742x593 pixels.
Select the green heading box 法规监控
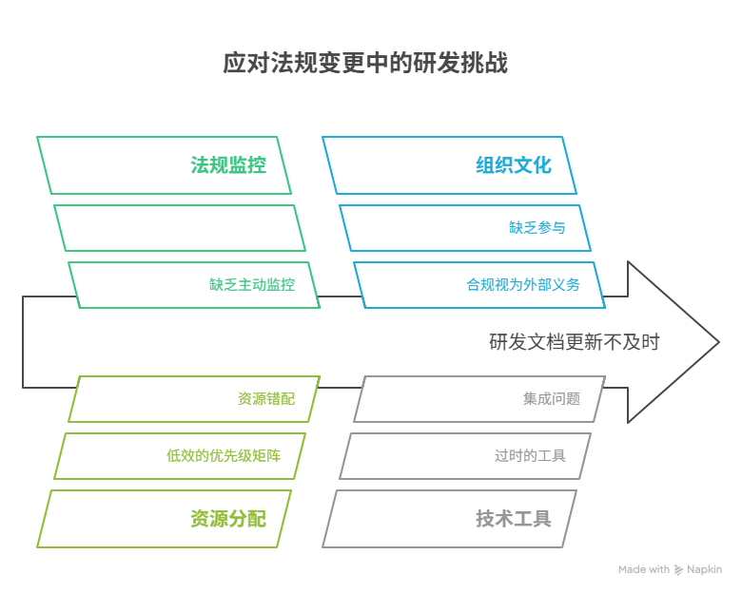coord(164,165)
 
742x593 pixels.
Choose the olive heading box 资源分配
coord(164,519)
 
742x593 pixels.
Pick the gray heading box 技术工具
coord(450,519)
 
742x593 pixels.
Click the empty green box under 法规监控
coord(173,228)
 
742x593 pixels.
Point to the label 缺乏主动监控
coord(252,284)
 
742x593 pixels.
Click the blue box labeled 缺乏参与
coord(537,228)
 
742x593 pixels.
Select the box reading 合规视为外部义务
coord(522,284)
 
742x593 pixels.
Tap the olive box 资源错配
coord(265,399)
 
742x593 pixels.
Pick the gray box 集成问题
coord(551,399)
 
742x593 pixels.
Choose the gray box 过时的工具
coord(530,456)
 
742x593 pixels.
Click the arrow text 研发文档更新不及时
coord(574,342)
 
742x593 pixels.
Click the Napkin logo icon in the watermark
coord(678,570)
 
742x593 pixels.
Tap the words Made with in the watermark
coord(644,570)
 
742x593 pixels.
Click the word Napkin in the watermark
coord(704,570)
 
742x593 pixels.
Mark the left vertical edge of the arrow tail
coord(23,342)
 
